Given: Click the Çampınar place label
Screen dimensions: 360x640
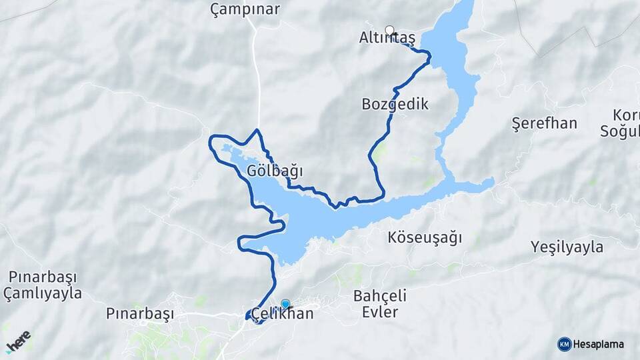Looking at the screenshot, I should pos(245,9).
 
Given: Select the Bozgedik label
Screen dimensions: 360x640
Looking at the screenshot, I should pos(395,104).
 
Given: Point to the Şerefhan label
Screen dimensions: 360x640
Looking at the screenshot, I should pos(544,123).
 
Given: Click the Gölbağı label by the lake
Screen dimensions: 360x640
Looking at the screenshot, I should pos(275,171).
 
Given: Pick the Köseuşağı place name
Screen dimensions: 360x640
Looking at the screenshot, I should pos(425,237).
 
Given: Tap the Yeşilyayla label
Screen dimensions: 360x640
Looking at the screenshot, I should pos(567,247).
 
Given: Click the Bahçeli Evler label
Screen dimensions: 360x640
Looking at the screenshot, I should pos(381,303).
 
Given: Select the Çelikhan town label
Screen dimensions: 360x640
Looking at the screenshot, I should pos(280,314).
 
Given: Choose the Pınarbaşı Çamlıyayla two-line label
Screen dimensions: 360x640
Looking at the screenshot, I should pos(42,285).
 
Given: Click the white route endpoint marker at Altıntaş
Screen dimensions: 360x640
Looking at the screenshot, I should pos(390,30).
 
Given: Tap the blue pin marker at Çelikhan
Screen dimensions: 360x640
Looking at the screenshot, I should pos(285,305).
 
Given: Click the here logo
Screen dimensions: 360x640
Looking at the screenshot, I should pos(18,341).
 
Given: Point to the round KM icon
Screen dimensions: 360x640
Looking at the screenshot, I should pos(564,344).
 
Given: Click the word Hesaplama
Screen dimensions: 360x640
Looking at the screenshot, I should pos(599,344).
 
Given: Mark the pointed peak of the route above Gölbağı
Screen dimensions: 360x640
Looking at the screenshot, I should pos(257,129).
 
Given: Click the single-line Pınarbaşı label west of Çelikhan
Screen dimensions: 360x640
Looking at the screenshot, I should pos(140,313).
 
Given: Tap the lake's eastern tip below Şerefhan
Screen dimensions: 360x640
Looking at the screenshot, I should pos(491,181).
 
